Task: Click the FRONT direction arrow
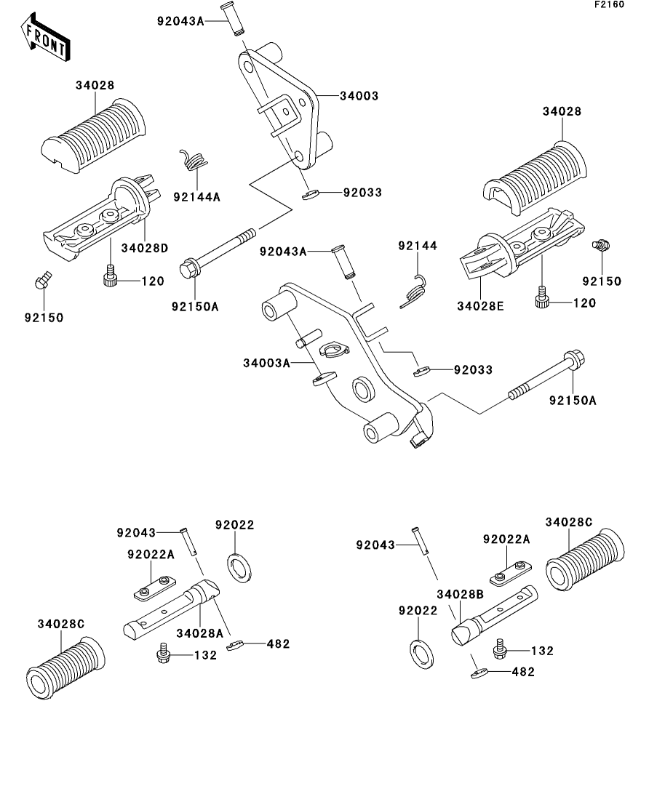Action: click(x=46, y=37)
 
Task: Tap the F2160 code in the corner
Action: click(x=609, y=4)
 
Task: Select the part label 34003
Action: click(x=359, y=96)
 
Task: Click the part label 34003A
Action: click(x=266, y=363)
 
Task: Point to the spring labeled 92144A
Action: click(x=194, y=159)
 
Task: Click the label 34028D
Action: click(x=144, y=248)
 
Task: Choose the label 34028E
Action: click(x=480, y=306)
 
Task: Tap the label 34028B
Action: click(x=460, y=594)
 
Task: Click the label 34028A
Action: click(x=199, y=633)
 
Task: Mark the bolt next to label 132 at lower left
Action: click(x=163, y=654)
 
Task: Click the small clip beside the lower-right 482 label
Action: click(x=477, y=673)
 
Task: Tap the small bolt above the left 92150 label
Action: click(x=43, y=279)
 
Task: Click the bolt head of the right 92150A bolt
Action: click(x=574, y=360)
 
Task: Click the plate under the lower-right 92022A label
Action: click(x=511, y=574)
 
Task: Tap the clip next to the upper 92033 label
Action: click(x=310, y=195)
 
